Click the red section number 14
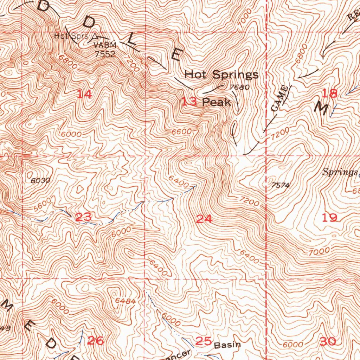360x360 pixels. [x=85, y=94]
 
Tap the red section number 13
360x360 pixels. [x=189, y=102]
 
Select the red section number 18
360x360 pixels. [x=330, y=93]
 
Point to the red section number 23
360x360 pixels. [x=83, y=218]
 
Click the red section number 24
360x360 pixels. [x=204, y=219]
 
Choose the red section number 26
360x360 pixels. [x=96, y=340]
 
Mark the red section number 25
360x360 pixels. [x=204, y=341]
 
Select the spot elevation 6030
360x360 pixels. [x=40, y=180]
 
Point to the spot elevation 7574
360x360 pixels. [x=280, y=185]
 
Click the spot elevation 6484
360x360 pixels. [x=125, y=301]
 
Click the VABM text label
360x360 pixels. [x=104, y=46]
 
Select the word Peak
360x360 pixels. [x=217, y=102]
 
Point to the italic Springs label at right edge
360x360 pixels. [x=340, y=172]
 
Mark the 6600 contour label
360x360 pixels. [x=182, y=132]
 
